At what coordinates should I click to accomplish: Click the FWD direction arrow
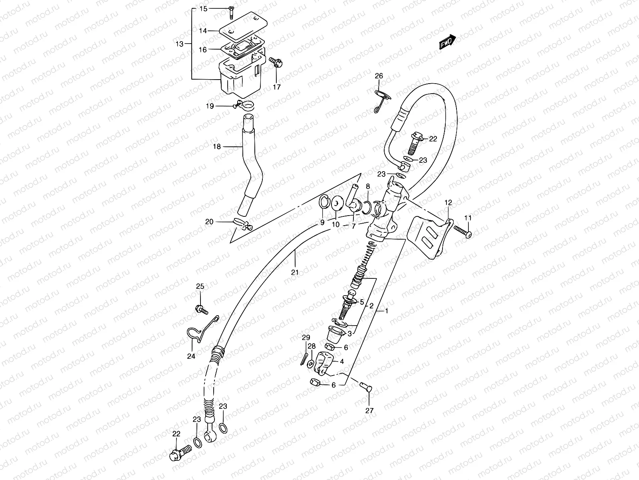click(448, 42)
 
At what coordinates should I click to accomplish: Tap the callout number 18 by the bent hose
click(217, 147)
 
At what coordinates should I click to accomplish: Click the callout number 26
click(379, 76)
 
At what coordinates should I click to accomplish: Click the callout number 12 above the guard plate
click(448, 203)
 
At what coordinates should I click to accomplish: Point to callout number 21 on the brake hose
click(295, 273)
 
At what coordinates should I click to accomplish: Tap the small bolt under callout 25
click(200, 308)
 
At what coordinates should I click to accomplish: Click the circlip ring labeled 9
click(324, 203)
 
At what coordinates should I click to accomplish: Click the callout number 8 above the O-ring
click(368, 186)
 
